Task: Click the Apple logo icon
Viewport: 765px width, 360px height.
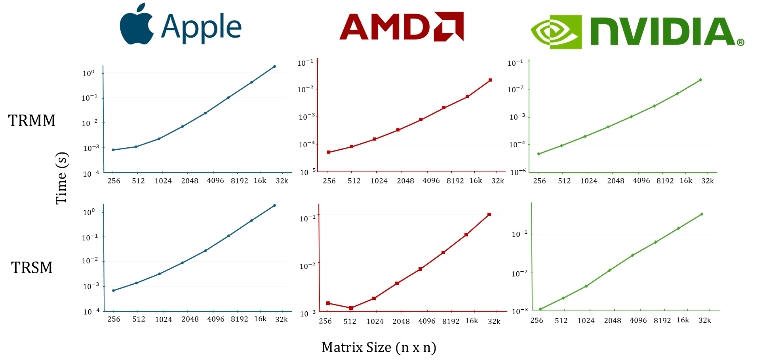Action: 136,25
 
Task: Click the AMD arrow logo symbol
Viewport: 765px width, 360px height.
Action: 449,27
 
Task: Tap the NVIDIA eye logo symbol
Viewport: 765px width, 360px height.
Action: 556,32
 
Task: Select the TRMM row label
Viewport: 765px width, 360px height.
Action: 32,120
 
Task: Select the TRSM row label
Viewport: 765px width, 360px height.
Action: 32,268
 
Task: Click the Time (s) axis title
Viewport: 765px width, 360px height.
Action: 61,178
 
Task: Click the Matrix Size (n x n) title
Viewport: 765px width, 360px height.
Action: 379,347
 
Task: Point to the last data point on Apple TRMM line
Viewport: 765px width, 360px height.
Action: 274,67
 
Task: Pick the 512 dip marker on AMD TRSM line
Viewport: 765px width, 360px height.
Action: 351,308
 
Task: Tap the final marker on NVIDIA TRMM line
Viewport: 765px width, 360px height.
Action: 700,80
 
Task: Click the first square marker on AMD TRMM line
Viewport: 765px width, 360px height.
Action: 329,152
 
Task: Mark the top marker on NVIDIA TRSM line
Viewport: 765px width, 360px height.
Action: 702,214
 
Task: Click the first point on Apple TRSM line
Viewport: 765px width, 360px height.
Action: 113,291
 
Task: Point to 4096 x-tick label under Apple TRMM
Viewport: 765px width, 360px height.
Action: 215,181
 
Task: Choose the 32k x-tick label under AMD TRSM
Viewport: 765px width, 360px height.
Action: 494,321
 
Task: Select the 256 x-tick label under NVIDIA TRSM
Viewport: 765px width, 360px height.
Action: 537,320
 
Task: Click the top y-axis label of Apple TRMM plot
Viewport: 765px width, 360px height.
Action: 89,73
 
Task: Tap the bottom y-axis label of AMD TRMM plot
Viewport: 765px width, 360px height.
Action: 308,172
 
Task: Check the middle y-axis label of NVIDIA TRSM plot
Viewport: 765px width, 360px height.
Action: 520,273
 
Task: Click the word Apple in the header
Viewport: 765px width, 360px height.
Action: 201,27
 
